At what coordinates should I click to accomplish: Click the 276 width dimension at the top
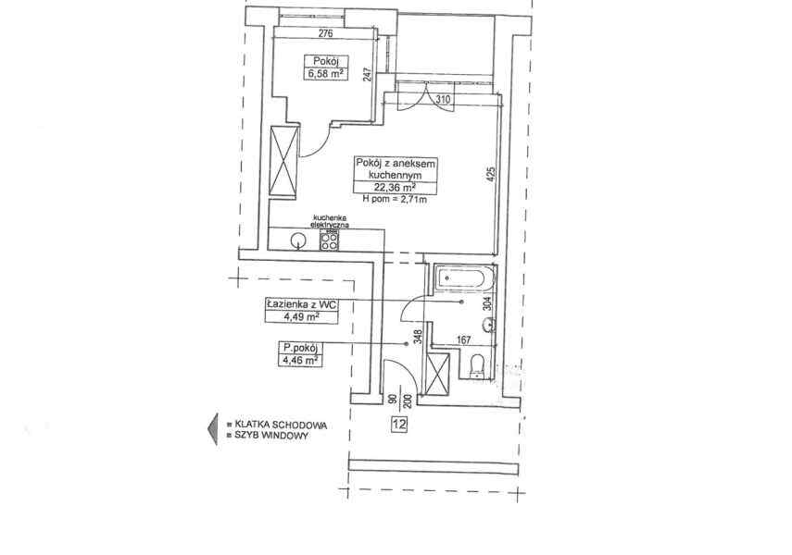[324, 35]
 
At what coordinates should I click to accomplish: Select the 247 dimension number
[369, 76]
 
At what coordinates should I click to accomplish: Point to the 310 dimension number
[443, 99]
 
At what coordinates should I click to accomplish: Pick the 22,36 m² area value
[390, 185]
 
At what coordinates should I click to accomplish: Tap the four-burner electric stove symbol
[329, 240]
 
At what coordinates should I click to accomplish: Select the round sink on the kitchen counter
[297, 240]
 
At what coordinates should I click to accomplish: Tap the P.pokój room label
[301, 347]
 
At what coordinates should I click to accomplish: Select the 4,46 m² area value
[301, 360]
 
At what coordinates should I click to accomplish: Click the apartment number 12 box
[399, 424]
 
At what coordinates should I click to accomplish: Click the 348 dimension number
[419, 338]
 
